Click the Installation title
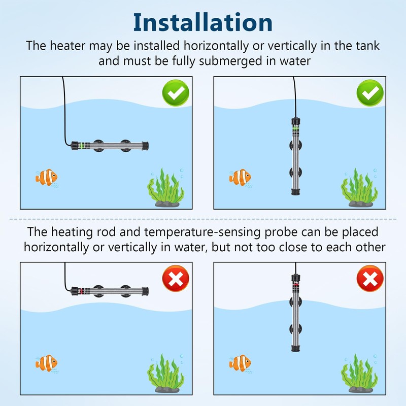click(x=202, y=22)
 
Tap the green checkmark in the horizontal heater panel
click(x=176, y=93)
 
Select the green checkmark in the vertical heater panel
click(x=370, y=93)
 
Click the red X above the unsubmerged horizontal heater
click(x=176, y=278)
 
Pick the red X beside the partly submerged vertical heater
click(x=370, y=278)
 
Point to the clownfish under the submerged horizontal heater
click(x=47, y=178)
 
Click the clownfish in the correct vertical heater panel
click(x=240, y=178)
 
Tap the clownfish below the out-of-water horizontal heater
click(x=47, y=363)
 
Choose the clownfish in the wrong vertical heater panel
click(x=240, y=363)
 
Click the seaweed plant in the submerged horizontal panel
click(x=166, y=188)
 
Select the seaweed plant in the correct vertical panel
click(x=359, y=188)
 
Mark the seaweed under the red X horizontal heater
click(x=166, y=374)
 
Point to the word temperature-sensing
click(x=202, y=232)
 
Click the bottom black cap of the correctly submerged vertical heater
click(x=295, y=192)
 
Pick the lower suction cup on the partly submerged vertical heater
click(x=295, y=329)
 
